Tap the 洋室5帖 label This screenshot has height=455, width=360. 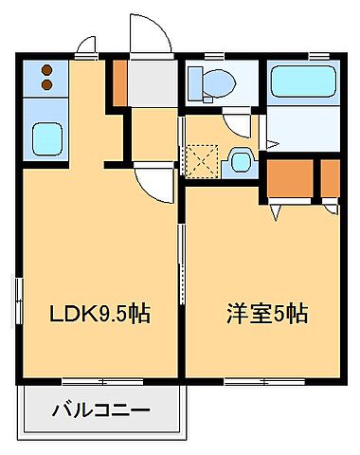(x=266, y=312)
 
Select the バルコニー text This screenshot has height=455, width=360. (x=99, y=412)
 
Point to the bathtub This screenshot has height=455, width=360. (x=303, y=84)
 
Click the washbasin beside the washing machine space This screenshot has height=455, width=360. (x=240, y=162)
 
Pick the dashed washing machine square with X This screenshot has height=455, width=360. (x=202, y=160)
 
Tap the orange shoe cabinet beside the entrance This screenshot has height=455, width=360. (x=118, y=83)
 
